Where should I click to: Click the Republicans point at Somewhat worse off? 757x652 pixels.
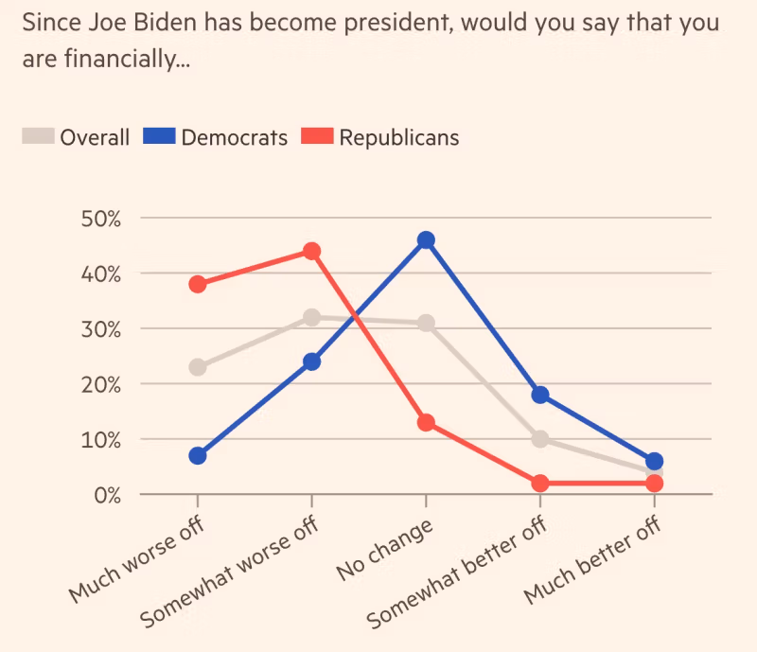pos(311,251)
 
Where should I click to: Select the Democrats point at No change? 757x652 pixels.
pos(426,239)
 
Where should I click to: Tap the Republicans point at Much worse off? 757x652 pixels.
pos(197,284)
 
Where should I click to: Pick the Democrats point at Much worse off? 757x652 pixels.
pos(197,455)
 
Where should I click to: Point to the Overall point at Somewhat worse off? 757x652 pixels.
pos(311,317)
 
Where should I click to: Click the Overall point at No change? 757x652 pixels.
pos(426,323)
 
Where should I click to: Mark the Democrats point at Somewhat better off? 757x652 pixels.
pos(540,395)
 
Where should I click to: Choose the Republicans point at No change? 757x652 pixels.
pos(426,422)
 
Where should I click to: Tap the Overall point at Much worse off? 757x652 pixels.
pos(197,367)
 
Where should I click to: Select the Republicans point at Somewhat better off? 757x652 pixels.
pos(540,484)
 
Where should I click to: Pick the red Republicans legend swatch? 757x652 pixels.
pos(317,137)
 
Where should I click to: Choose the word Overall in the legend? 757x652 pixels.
pos(95,137)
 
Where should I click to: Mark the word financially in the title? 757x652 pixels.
pos(119,60)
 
